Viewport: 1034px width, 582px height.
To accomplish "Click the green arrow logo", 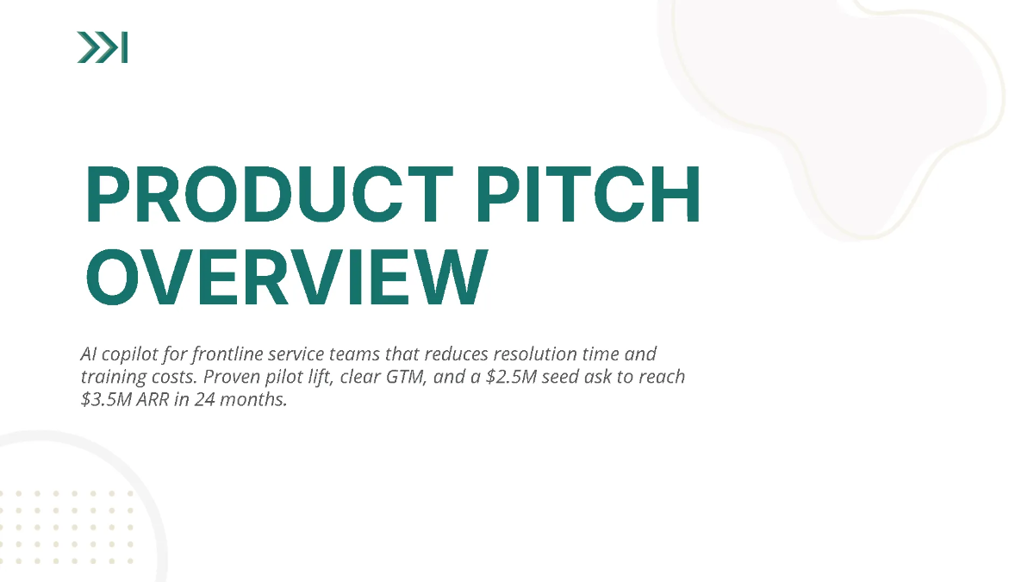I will [102, 47].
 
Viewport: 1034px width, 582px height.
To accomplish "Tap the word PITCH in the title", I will [590, 195].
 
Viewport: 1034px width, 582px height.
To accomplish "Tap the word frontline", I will [232, 354].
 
